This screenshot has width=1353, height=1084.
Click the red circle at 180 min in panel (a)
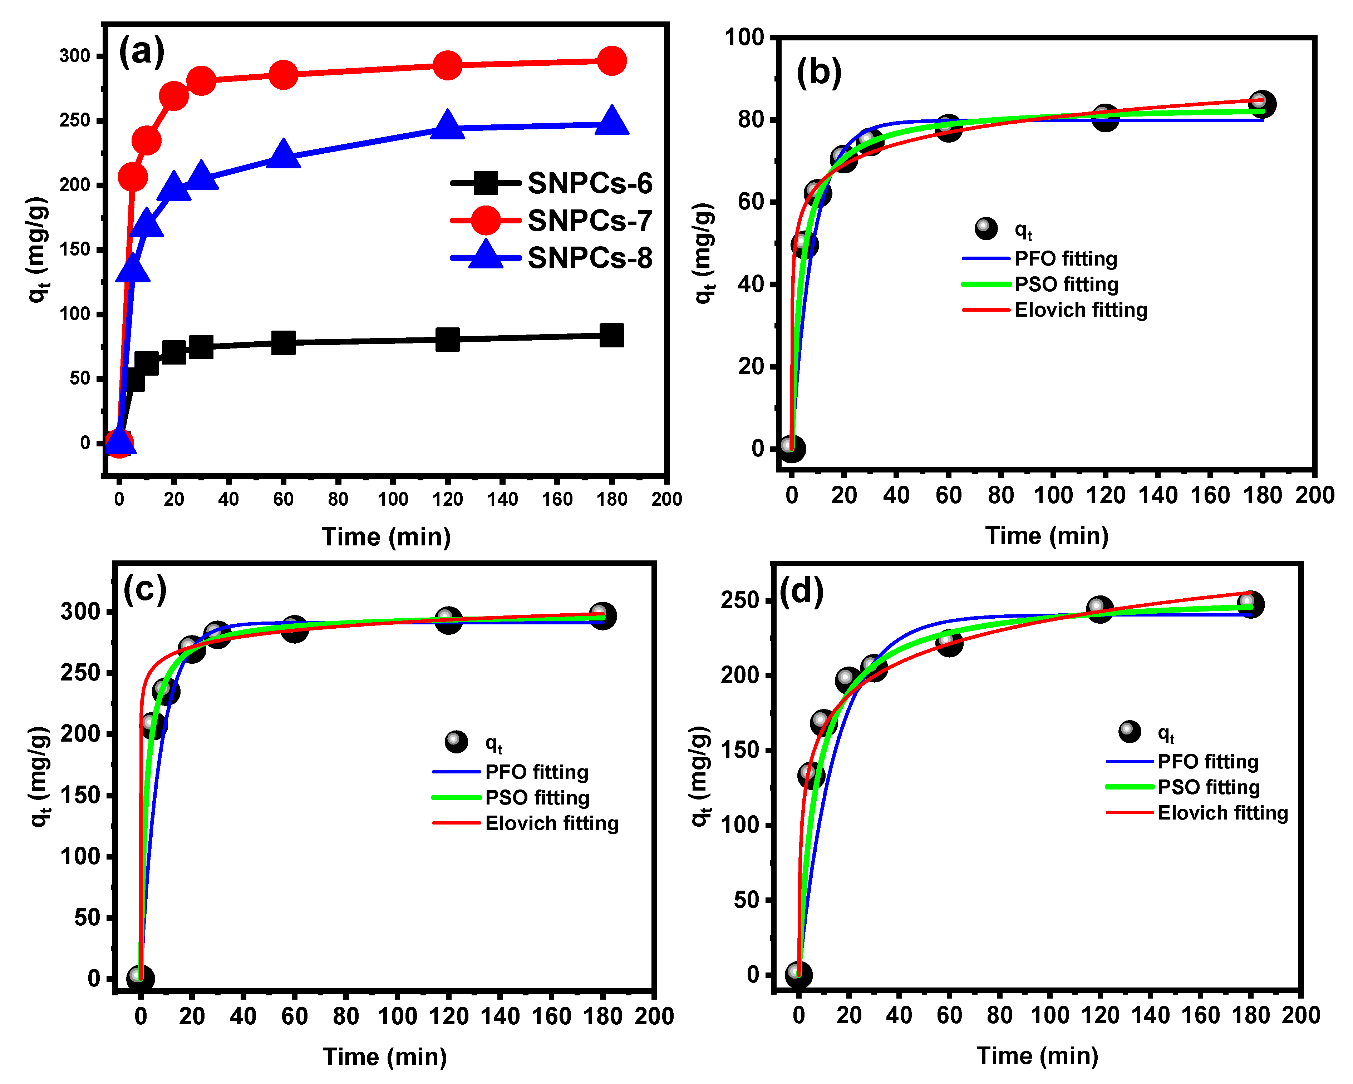point(612,61)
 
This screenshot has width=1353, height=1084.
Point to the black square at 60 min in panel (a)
point(283,342)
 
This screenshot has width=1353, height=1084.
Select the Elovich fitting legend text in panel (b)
point(1081,310)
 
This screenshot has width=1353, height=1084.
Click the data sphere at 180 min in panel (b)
point(1261,104)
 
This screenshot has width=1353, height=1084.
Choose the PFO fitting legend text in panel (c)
point(537,772)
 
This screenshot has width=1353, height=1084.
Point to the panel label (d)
point(801,591)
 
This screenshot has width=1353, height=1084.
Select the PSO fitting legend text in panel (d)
point(1208,787)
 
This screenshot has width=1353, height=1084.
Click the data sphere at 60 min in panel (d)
point(949,642)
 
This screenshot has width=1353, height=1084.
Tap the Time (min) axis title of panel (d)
point(1037,1056)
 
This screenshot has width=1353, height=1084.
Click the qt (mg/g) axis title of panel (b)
point(704,253)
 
